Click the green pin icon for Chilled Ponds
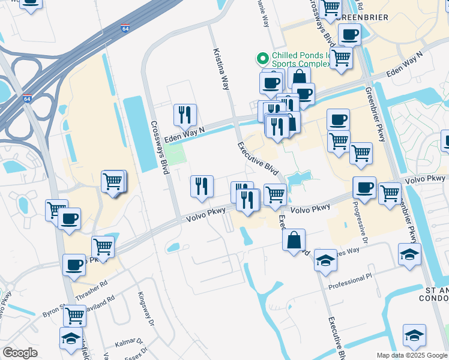click(262, 59)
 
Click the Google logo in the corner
click(20, 353)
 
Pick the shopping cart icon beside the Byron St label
click(74, 314)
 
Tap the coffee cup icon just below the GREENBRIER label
click(349, 34)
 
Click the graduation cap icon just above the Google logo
click(71, 338)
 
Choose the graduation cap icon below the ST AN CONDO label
click(414, 335)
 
